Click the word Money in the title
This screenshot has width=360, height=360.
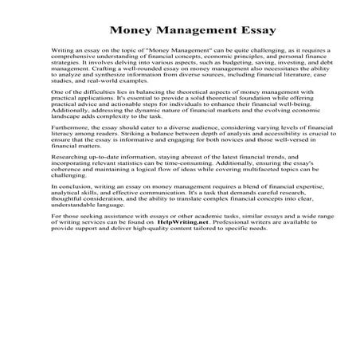[x=135, y=31]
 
